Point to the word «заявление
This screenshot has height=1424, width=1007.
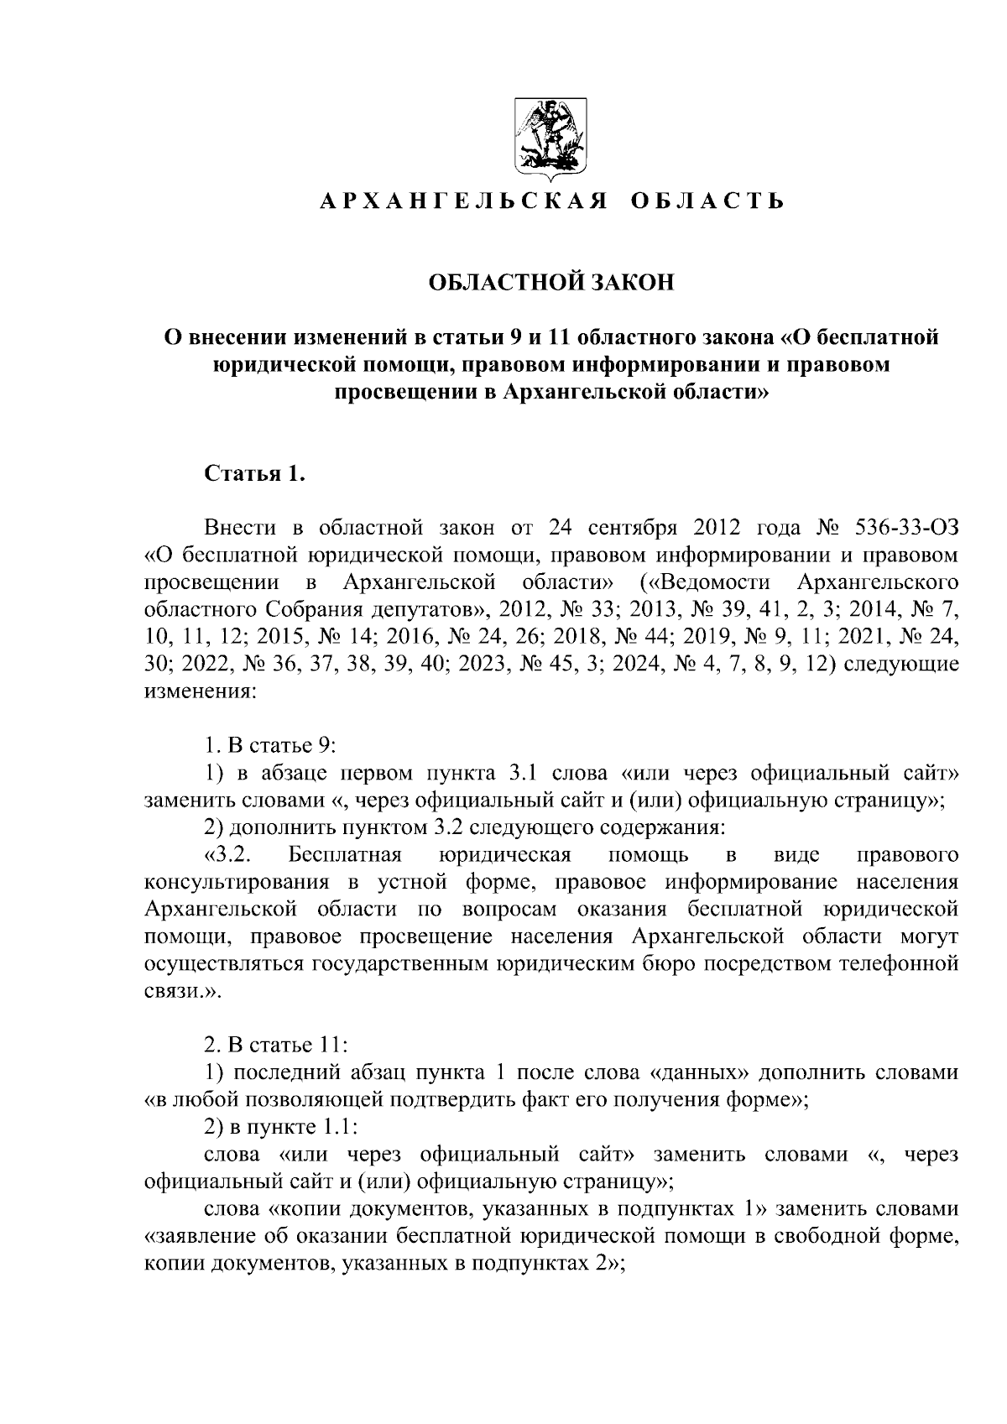point(206,1235)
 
